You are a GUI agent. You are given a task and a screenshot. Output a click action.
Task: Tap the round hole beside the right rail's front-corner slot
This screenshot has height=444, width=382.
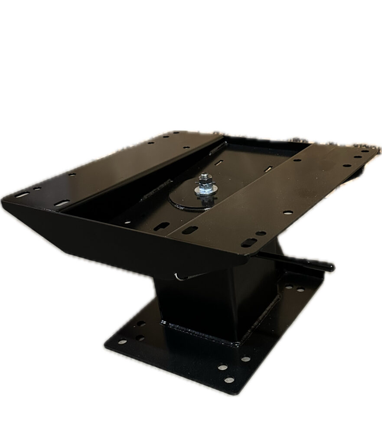[261, 233]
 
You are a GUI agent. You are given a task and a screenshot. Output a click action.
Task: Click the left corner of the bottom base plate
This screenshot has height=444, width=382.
[105, 347]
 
